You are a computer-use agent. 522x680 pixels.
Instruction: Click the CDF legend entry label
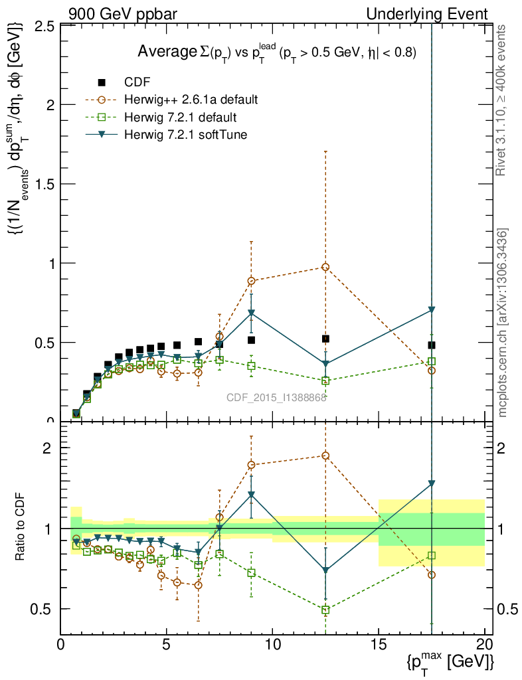(137, 82)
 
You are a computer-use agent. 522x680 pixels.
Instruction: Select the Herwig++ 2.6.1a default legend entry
(191, 100)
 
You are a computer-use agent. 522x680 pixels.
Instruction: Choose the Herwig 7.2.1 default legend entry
(180, 118)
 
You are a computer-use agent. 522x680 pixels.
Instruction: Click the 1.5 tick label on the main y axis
(43, 184)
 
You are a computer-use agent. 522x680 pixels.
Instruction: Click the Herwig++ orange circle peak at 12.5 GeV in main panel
(325, 267)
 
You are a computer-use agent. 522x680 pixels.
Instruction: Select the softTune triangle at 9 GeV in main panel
(251, 313)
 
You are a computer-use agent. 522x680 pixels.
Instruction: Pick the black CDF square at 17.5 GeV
(432, 345)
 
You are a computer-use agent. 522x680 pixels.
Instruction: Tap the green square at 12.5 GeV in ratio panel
(325, 610)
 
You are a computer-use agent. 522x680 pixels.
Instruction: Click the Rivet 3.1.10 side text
(501, 100)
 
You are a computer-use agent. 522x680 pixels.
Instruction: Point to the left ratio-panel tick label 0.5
(43, 609)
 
